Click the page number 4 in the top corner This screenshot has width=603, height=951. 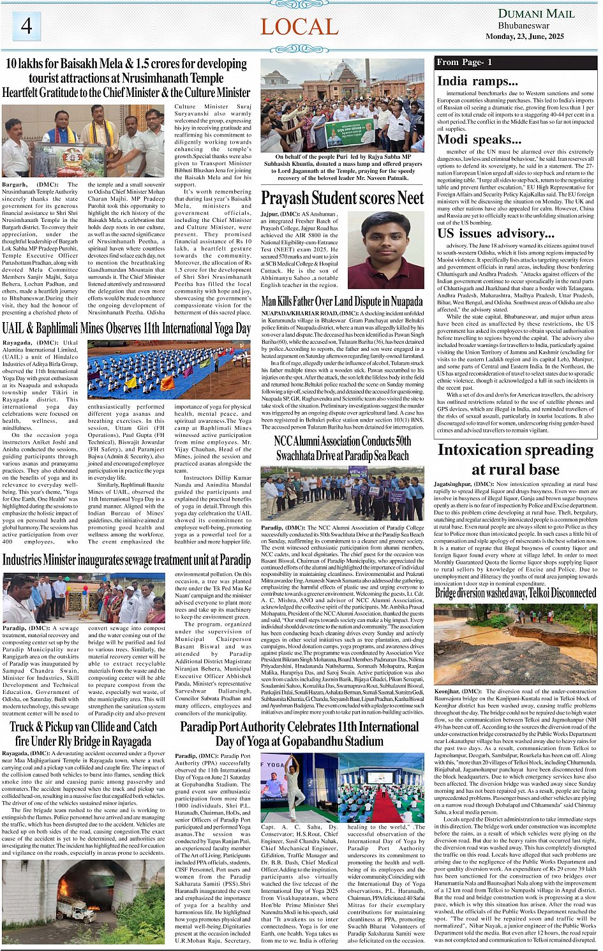pos(26,26)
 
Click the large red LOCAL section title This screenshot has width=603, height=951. pos(299,27)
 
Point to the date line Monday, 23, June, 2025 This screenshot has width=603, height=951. pos(525,36)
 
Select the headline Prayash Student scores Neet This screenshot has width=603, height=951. pos(342,198)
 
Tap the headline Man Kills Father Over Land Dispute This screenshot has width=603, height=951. pos(342,301)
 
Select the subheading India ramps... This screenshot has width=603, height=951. pos(477,81)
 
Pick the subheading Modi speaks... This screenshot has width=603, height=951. pos(479,140)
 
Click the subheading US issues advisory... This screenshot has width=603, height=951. pos(496,233)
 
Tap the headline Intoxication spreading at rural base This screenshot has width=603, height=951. pos(515,459)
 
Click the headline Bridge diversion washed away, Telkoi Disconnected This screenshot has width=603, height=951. pos(515,593)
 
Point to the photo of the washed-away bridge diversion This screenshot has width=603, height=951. pos(515,644)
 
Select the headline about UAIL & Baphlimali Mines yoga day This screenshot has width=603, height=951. pos(126,328)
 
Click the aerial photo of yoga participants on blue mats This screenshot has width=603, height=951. pos(169,369)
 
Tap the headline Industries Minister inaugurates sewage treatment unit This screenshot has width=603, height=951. pos(126,560)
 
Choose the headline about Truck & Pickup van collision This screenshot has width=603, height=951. pos(84,734)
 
